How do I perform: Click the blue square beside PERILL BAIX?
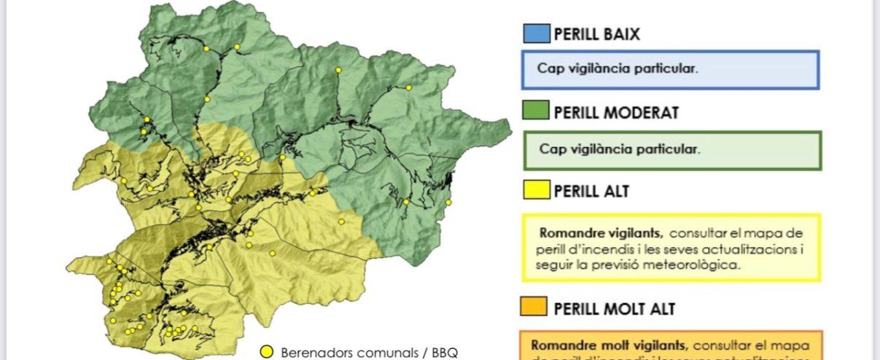point(536,34)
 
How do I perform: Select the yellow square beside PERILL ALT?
point(536,191)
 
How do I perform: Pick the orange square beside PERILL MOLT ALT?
point(533,308)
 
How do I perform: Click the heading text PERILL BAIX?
point(597,34)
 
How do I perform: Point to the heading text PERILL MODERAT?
point(616,112)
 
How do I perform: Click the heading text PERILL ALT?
point(591,191)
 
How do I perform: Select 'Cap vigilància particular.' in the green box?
point(620,149)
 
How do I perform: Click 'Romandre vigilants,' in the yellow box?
point(601,233)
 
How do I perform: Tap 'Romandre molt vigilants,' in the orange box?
point(608,345)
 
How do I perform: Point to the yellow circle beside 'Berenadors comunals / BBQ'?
point(267,352)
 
